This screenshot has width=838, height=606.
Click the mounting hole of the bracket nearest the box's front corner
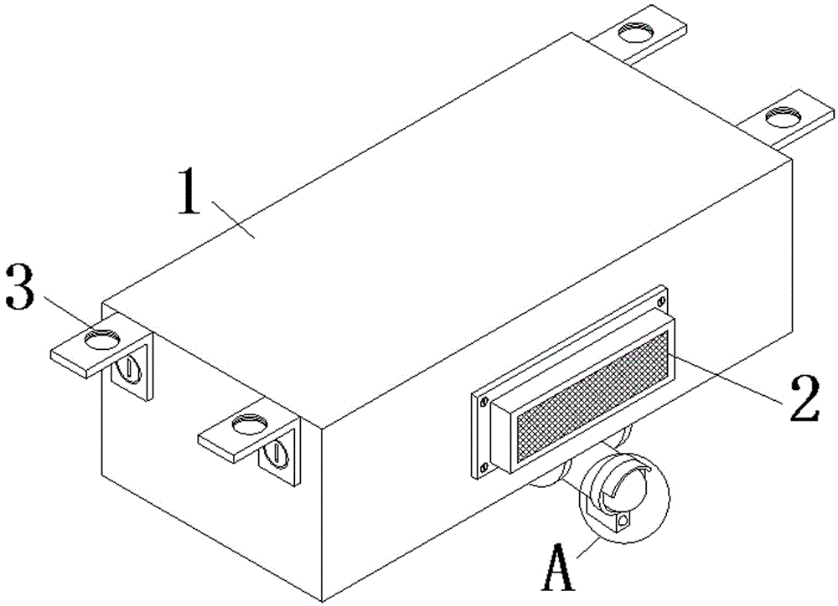(249, 425)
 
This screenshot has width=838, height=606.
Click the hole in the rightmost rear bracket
(784, 114)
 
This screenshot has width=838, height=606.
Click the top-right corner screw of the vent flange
(662, 300)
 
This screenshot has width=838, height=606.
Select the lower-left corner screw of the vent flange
(484, 467)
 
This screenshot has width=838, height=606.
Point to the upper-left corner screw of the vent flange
(484, 401)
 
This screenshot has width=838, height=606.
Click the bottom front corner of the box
(322, 598)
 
